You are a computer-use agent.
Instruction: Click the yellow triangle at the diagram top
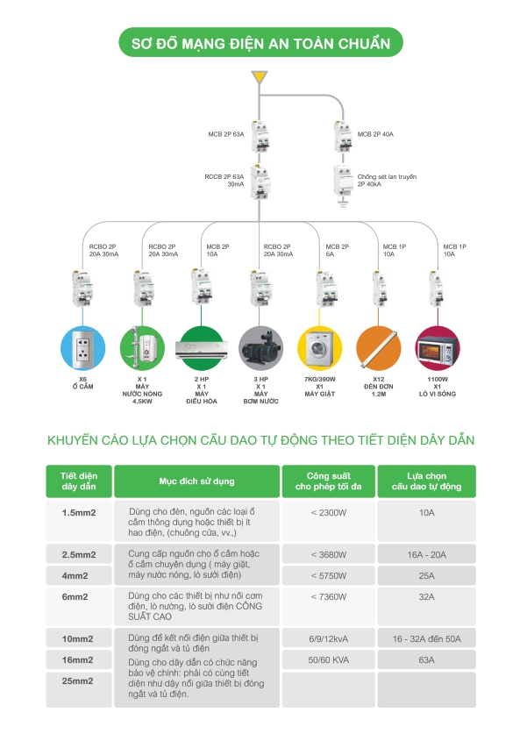click(260, 77)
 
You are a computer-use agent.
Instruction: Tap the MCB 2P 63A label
click(226, 134)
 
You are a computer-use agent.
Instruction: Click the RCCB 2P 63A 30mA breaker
click(260, 182)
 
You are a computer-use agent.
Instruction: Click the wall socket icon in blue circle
click(82, 348)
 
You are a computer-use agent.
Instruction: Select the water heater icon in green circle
click(142, 348)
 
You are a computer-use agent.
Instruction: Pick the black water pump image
click(260, 348)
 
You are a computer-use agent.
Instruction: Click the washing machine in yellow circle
click(319, 348)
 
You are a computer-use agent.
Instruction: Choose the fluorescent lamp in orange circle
click(379, 348)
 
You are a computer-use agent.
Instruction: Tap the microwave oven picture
click(438, 348)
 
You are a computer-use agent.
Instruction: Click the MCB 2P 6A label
click(338, 251)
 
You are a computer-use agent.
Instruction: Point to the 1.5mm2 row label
click(79, 513)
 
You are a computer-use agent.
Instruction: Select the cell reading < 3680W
click(329, 555)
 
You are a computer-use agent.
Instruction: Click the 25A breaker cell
click(426, 576)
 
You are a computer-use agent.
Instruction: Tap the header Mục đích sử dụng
click(197, 481)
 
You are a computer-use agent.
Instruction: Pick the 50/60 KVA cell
click(329, 659)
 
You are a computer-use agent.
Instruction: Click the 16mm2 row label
click(77, 659)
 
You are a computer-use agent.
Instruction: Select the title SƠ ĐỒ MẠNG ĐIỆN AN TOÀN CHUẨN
click(261, 44)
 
